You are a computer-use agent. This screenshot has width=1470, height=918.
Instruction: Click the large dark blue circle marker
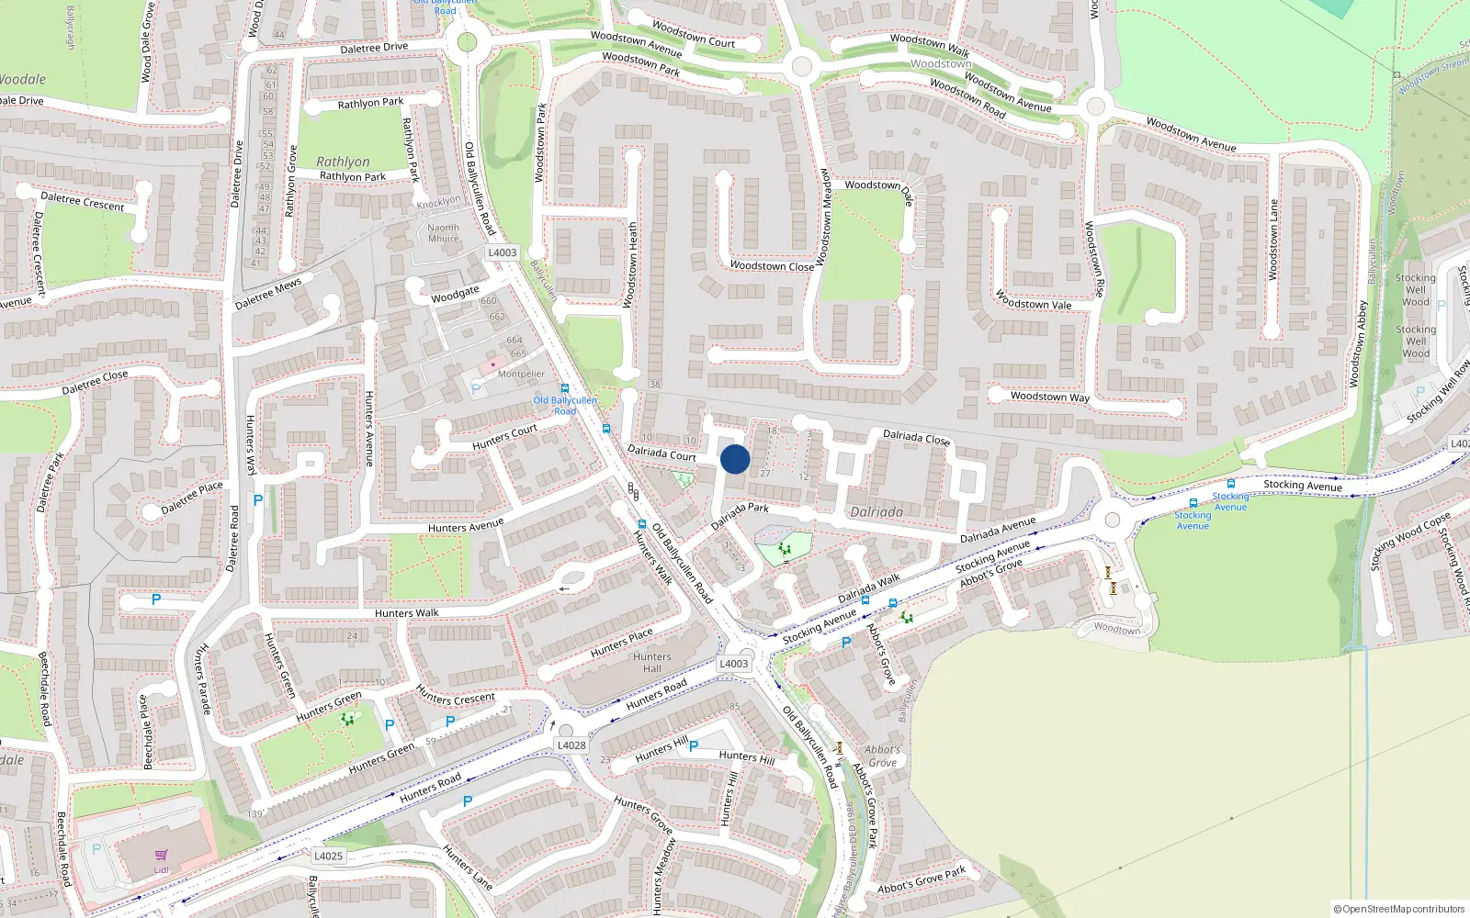pos(735,460)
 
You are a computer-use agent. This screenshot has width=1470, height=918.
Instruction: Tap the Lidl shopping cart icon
pos(162,855)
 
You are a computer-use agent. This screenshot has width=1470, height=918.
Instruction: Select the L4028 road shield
pos(571,745)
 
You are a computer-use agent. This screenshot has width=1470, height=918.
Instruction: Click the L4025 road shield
pos(328,856)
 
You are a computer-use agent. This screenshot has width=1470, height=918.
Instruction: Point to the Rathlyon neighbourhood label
pos(343,162)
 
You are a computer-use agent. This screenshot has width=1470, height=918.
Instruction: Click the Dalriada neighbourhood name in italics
pos(876,512)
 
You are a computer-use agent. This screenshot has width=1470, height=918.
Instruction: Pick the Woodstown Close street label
pos(772,266)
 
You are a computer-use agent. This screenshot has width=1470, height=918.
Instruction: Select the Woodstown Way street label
pos(1049,397)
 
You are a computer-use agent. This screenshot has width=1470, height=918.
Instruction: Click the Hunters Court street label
pos(504,437)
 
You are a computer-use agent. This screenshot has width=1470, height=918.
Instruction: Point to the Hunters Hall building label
pos(651,663)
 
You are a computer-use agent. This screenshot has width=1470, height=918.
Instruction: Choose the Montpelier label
pos(521,374)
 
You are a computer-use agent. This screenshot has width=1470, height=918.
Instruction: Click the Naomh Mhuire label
pos(443,233)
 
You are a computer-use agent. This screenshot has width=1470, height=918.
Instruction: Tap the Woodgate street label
pos(455,294)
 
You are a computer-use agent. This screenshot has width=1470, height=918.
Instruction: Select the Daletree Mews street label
pos(267,294)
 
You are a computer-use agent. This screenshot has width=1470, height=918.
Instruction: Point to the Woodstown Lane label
pos(1273,240)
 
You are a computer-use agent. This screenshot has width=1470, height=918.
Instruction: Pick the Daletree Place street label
pos(191,497)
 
